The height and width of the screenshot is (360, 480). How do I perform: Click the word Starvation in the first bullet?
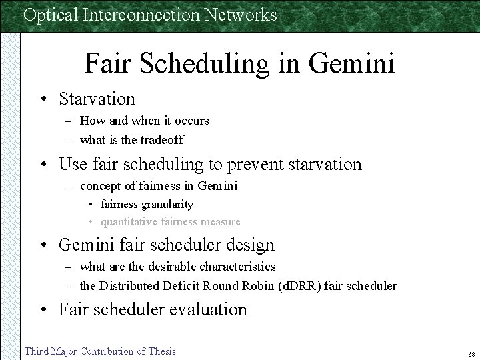97,99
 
